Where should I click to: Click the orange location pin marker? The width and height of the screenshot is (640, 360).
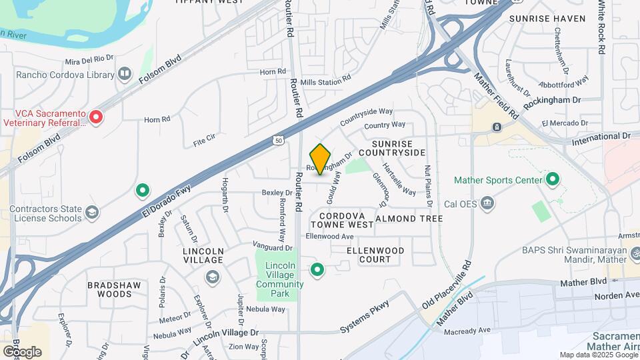pos(321,159)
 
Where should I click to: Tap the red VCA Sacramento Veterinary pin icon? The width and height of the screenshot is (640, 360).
pos(96,117)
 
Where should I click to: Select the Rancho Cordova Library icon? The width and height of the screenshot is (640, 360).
pos(125,75)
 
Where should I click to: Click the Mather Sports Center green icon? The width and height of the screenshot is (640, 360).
pos(553,179)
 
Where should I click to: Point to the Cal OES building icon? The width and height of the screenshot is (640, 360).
pos(488,203)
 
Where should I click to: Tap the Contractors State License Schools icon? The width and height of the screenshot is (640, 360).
pos(92,213)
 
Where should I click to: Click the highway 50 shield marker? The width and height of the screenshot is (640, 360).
pos(278,140)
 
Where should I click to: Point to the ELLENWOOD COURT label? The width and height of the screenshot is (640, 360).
pos(376,255)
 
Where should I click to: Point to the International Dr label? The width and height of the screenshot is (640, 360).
pos(601,136)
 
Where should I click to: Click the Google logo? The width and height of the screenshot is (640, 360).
pos(22,351)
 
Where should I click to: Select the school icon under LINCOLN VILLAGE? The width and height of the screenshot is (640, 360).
pos(213,277)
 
